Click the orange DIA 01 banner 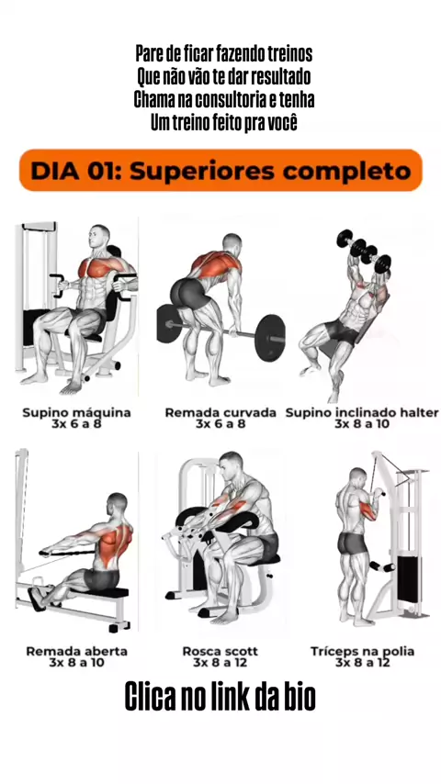[x=220, y=170]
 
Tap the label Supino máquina [x=76, y=412]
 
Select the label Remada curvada [x=220, y=412]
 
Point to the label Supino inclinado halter [x=362, y=412]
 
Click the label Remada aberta [x=76, y=651]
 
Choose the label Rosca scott [x=220, y=651]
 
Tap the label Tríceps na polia [x=362, y=652]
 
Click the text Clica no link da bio [x=220, y=697]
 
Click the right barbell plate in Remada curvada [x=269, y=338]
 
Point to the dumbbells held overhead [x=364, y=251]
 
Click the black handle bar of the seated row [x=66, y=553]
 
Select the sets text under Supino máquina [x=76, y=424]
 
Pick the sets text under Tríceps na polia [x=362, y=663]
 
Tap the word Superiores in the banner [x=202, y=171]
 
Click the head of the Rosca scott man [x=232, y=465]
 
